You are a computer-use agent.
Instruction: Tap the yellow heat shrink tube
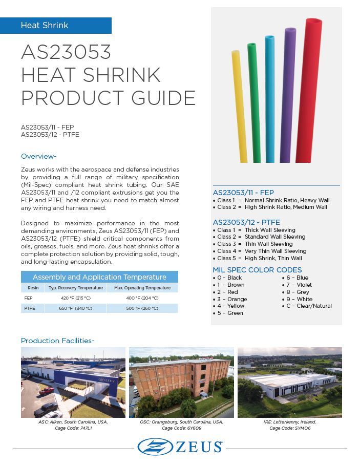(240, 108)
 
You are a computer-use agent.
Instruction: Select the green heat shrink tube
(254, 102)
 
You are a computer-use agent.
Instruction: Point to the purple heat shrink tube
(286, 97)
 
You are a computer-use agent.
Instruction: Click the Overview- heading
(38, 156)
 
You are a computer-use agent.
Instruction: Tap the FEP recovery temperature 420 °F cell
(75, 298)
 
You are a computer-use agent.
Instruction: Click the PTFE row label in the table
(29, 308)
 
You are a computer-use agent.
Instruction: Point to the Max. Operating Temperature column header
(142, 288)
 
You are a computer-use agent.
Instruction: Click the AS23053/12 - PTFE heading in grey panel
(246, 222)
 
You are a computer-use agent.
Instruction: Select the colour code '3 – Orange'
(232, 299)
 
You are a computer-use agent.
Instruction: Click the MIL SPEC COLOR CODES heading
(257, 270)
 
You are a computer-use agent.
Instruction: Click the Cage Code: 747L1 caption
(73, 428)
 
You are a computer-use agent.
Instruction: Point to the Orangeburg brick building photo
(181, 382)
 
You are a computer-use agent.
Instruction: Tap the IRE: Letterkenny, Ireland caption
(289, 422)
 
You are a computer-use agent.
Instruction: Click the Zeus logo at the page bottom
(180, 447)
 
